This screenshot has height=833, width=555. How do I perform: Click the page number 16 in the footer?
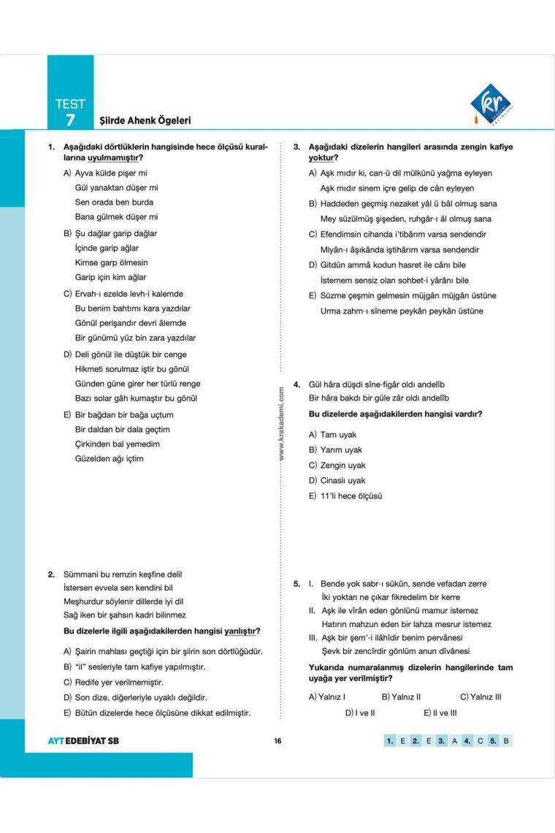tap(277, 740)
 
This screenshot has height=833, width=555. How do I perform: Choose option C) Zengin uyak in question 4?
tap(337, 465)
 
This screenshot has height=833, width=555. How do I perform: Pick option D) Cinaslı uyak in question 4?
tap(337, 481)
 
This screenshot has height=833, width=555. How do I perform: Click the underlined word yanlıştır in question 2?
tap(242, 631)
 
